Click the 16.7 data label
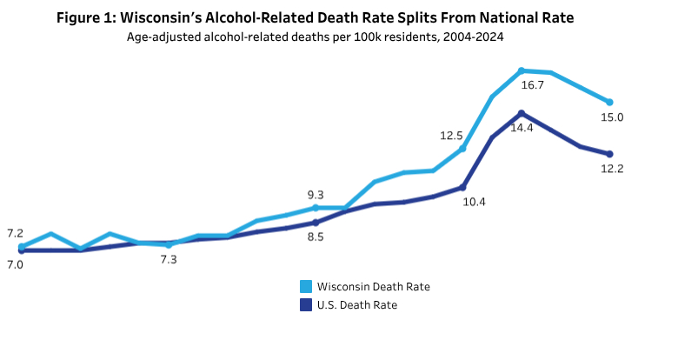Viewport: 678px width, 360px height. [x=532, y=85]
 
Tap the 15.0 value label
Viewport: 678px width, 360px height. [x=612, y=117]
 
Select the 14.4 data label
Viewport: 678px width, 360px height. [x=522, y=127]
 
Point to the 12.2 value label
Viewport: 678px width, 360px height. [x=612, y=169]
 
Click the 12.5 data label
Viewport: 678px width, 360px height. [x=451, y=136]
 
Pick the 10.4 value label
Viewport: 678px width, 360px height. [x=474, y=202]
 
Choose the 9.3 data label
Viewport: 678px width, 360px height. [x=315, y=195]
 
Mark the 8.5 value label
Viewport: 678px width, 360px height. [x=315, y=237]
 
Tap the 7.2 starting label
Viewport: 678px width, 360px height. [x=15, y=233]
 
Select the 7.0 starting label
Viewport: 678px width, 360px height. [x=15, y=263]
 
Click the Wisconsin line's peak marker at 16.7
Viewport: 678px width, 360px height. [x=521, y=70]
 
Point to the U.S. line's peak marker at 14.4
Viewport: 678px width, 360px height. [x=521, y=113]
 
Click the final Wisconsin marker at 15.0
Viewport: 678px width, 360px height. [x=611, y=102]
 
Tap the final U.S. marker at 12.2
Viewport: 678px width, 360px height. [x=611, y=154]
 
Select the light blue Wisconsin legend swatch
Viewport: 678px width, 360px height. [x=306, y=286]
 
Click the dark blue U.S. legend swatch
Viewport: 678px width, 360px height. [x=306, y=304]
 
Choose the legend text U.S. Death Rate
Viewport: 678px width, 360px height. [x=358, y=304]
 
